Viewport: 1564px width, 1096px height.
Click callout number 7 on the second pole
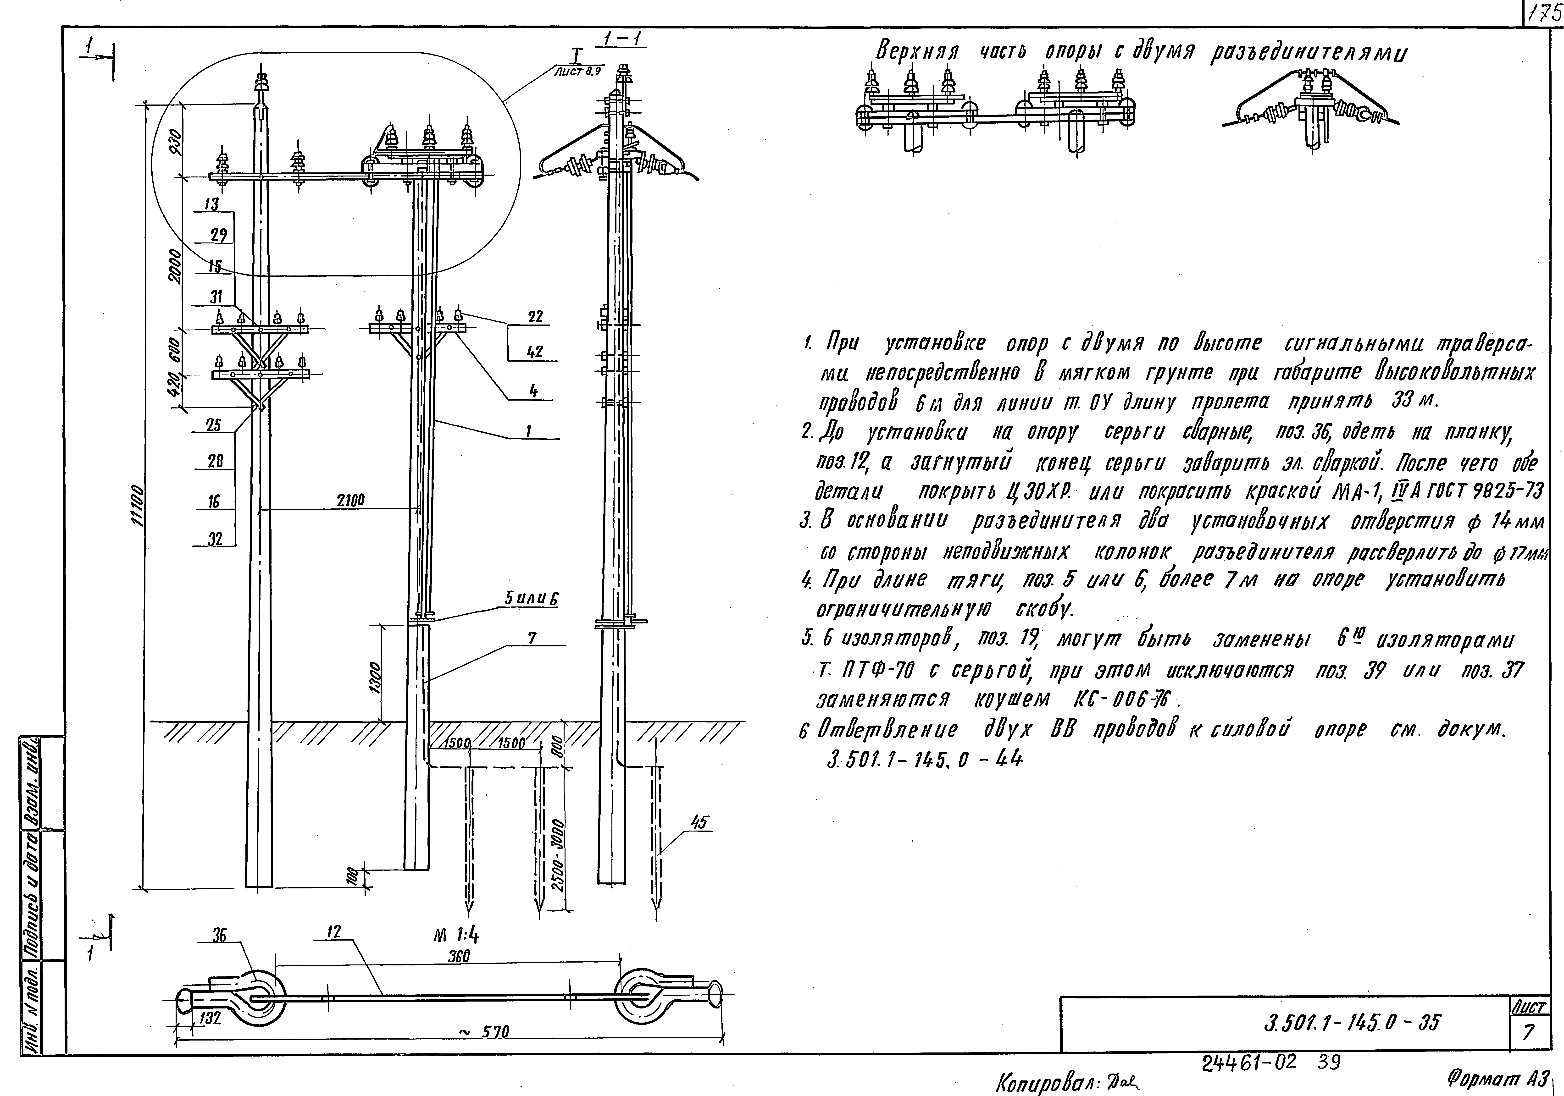[x=532, y=638]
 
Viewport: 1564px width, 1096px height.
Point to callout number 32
[x=215, y=539]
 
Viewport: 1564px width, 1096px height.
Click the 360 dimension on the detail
[x=458, y=956]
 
